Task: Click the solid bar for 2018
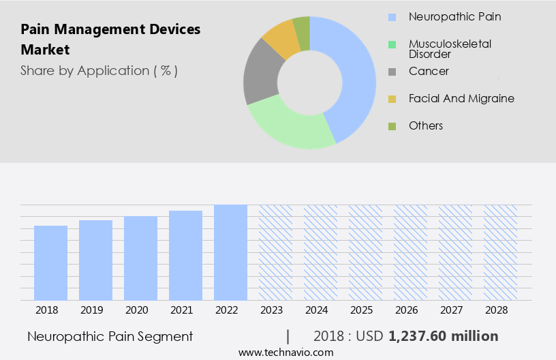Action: click(50, 262)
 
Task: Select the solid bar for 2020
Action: click(140, 258)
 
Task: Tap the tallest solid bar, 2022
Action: click(230, 252)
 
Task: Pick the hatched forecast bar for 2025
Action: click(365, 252)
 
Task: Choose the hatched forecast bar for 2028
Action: click(500, 252)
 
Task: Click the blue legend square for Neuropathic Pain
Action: click(392, 17)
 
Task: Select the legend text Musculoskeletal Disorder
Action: click(450, 48)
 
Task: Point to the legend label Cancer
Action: click(429, 71)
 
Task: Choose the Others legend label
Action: click(426, 125)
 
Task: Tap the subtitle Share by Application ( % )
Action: click(99, 70)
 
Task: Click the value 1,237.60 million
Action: click(444, 336)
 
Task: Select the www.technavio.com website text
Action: click(285, 352)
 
